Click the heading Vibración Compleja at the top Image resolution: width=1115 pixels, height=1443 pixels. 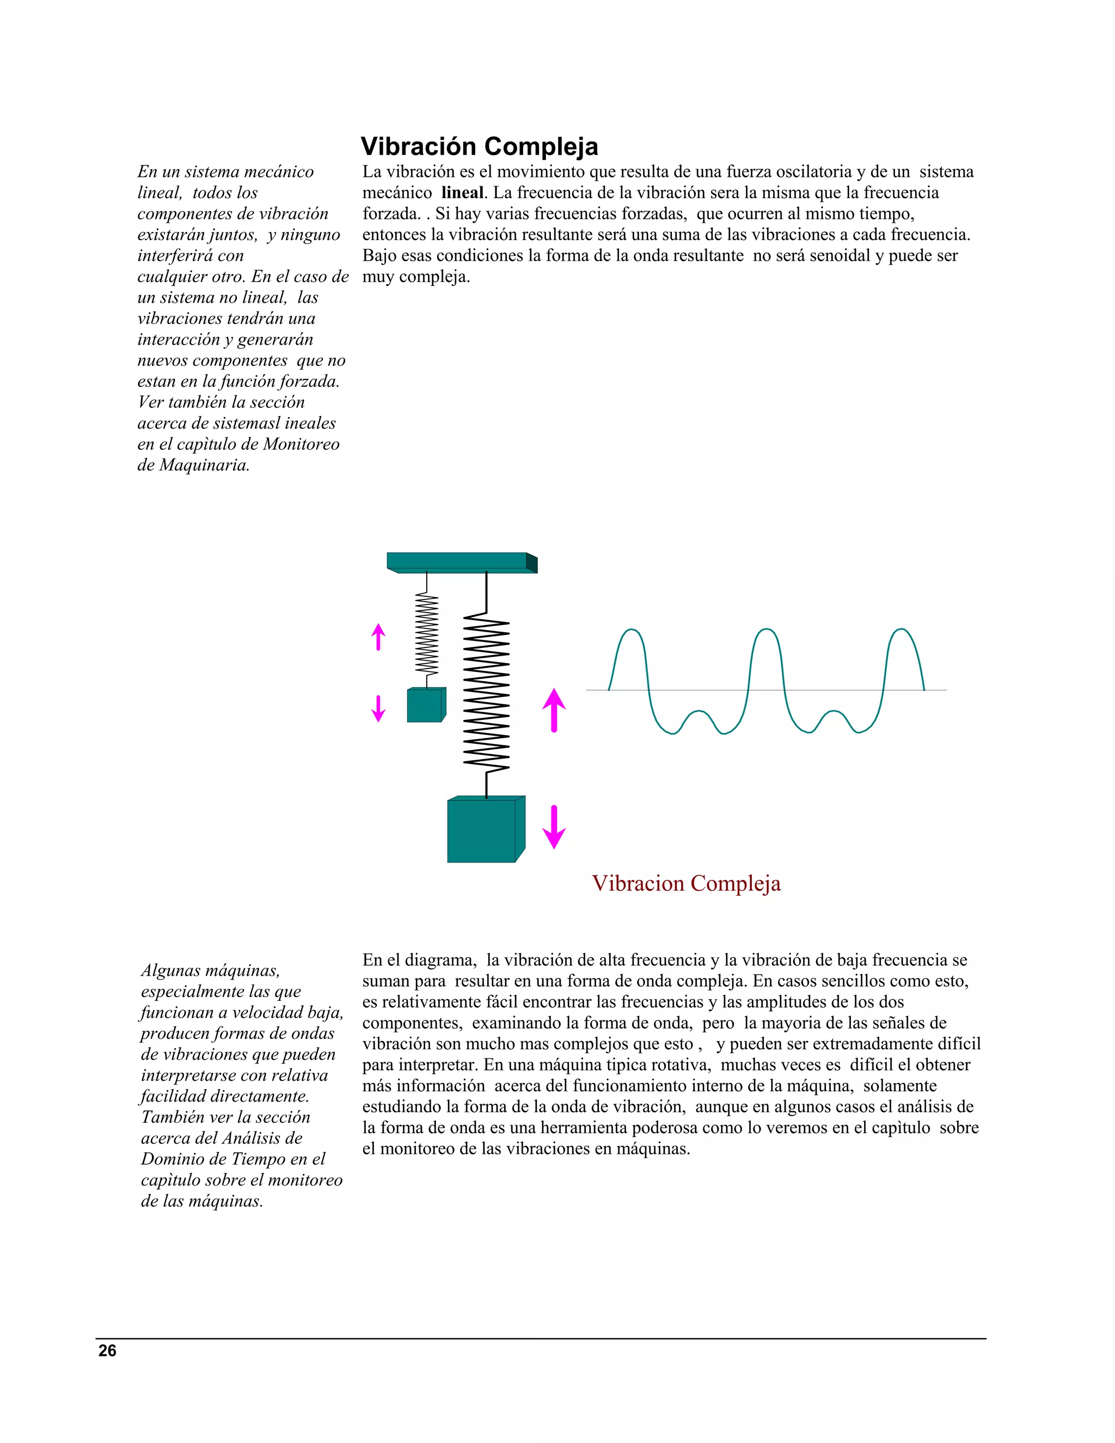click(479, 146)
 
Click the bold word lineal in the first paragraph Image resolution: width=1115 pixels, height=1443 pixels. click(462, 193)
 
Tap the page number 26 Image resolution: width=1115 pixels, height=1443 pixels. click(107, 1350)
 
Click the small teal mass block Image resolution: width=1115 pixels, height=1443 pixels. click(425, 706)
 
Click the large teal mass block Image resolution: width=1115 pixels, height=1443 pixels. click(482, 830)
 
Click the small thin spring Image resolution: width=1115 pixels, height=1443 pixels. click(427, 634)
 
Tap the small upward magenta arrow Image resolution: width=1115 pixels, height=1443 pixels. click(378, 636)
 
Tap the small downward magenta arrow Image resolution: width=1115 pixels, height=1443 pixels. click(378, 709)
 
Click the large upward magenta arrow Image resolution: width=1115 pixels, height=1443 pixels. click(554, 710)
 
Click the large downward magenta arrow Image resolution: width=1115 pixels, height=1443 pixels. click(554, 827)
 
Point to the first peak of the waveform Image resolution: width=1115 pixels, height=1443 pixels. click(632, 631)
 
